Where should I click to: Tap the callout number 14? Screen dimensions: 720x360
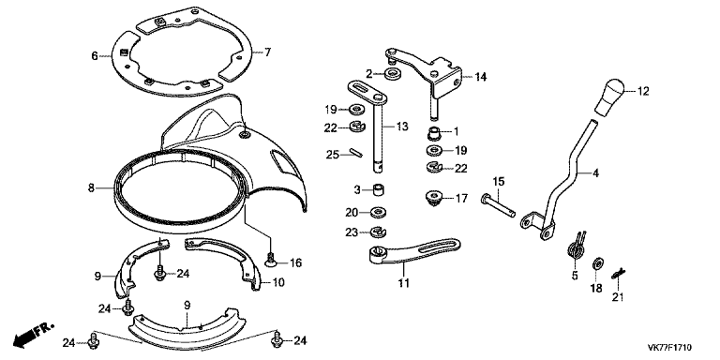tap(480, 77)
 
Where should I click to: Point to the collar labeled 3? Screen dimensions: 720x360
tap(378, 189)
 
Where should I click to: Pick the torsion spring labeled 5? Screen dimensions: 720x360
tap(577, 247)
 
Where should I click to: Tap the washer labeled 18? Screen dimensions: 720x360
tap(598, 263)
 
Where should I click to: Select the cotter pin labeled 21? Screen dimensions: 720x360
tap(619, 274)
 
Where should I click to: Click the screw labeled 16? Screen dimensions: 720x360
tap(271, 260)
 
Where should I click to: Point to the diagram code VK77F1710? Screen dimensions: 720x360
tap(669, 348)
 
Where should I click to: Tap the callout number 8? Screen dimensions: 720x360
tap(91, 187)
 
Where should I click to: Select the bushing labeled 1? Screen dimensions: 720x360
tap(434, 134)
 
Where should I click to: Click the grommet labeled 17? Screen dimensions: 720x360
tap(433, 199)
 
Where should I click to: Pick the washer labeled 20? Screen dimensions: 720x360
tap(379, 212)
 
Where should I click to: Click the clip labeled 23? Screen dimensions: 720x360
tap(379, 232)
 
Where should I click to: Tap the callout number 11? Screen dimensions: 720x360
tap(403, 283)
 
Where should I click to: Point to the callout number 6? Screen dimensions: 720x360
tap(95, 56)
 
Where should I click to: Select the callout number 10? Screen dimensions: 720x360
tap(278, 282)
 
